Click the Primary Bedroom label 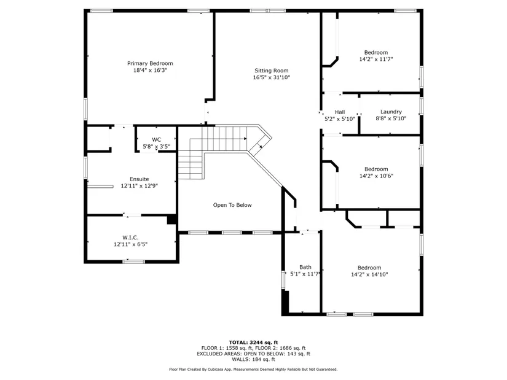(x=150, y=63)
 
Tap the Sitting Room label (x=271, y=71)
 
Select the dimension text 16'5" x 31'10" (x=271, y=77)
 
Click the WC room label (x=157, y=139)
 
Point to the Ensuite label (x=140, y=179)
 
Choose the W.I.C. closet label (x=131, y=238)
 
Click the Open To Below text (x=232, y=205)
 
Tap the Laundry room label (x=391, y=112)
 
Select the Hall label (x=340, y=112)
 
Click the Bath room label (x=305, y=267)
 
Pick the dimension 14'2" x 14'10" (x=369, y=274)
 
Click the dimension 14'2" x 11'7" (x=376, y=59)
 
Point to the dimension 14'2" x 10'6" (x=376, y=176)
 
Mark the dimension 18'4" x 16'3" (x=150, y=70)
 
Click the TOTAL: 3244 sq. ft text (x=253, y=343)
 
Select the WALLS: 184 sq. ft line (x=253, y=359)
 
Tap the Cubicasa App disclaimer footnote (x=253, y=370)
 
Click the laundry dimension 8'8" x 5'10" (x=391, y=118)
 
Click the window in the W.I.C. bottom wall (x=133, y=262)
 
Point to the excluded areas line (x=253, y=354)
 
